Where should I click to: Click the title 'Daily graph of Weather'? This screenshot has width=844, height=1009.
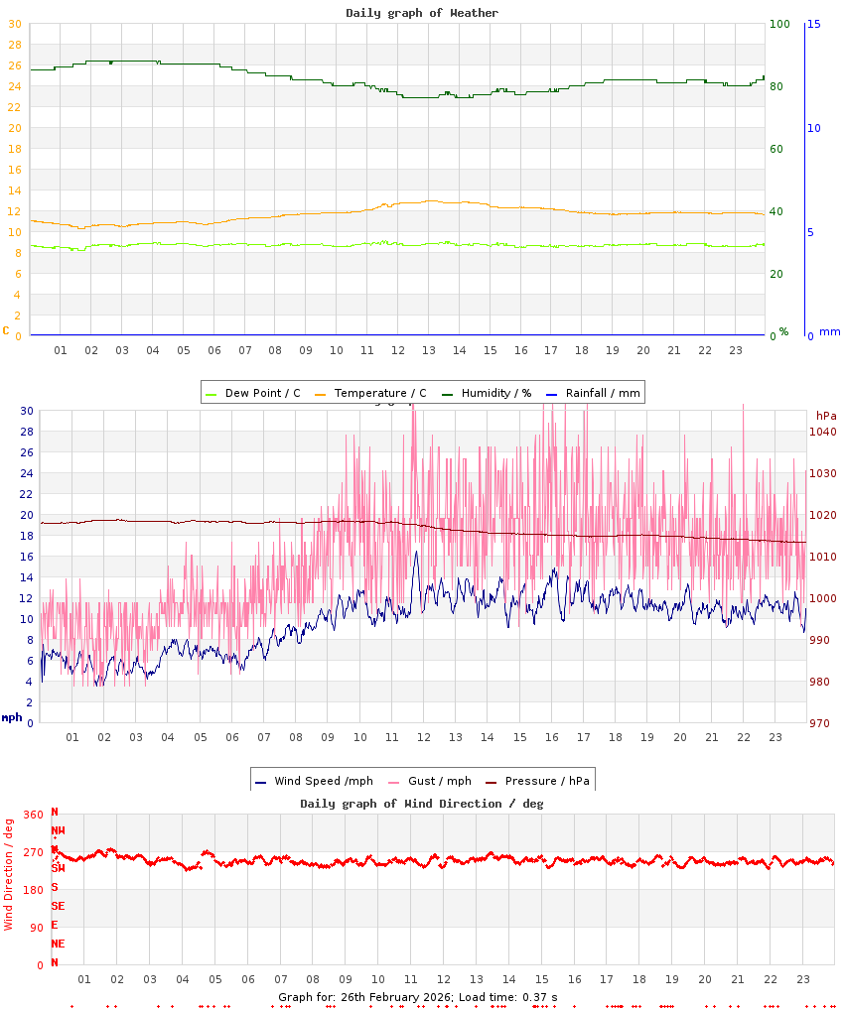tap(422, 13)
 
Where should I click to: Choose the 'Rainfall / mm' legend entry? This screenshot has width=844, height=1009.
tap(603, 393)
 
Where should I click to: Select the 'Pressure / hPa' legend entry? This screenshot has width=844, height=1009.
tap(547, 781)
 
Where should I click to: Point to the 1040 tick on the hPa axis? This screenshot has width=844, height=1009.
tap(823, 432)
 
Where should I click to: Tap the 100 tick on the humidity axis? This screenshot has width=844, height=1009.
tap(780, 24)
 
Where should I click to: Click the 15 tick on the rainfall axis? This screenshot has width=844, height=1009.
tap(813, 24)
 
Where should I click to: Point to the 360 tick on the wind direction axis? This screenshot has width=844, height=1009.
tap(34, 815)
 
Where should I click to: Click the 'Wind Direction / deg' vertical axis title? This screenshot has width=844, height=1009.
tap(9, 874)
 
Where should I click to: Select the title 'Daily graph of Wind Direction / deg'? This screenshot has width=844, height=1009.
tap(422, 804)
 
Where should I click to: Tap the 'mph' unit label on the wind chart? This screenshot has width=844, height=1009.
tap(12, 717)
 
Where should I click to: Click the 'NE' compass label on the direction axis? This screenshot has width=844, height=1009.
tap(58, 944)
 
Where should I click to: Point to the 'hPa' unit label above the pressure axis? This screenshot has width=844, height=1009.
tap(826, 415)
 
